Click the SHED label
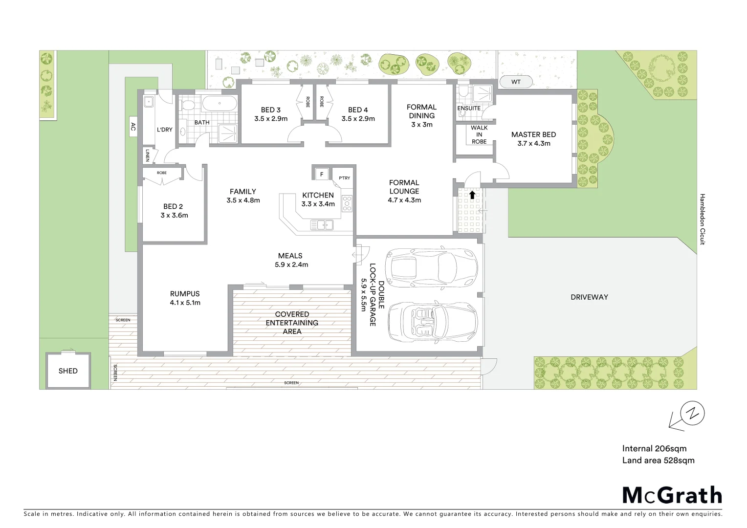pyautogui.click(x=68, y=371)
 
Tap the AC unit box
pyautogui.click(x=132, y=127)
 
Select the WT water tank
pyautogui.click(x=516, y=82)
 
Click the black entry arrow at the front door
pyautogui.click(x=472, y=194)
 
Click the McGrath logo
pyautogui.click(x=672, y=495)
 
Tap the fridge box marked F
pyautogui.click(x=322, y=174)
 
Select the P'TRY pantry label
pyautogui.click(x=344, y=178)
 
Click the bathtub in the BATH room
pyautogui.click(x=220, y=104)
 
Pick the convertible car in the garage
pyautogui.click(x=432, y=323)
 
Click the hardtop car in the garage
pyautogui.click(x=430, y=267)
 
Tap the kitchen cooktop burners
pyautogui.click(x=347, y=203)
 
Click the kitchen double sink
pyautogui.click(x=322, y=225)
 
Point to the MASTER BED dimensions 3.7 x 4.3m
pyautogui.click(x=533, y=143)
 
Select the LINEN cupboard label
pyautogui.click(x=147, y=156)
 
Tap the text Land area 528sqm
pyautogui.click(x=658, y=460)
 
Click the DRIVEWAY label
pyautogui.click(x=589, y=297)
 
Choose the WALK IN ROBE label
pyautogui.click(x=479, y=135)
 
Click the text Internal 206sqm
pyautogui.click(x=654, y=448)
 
